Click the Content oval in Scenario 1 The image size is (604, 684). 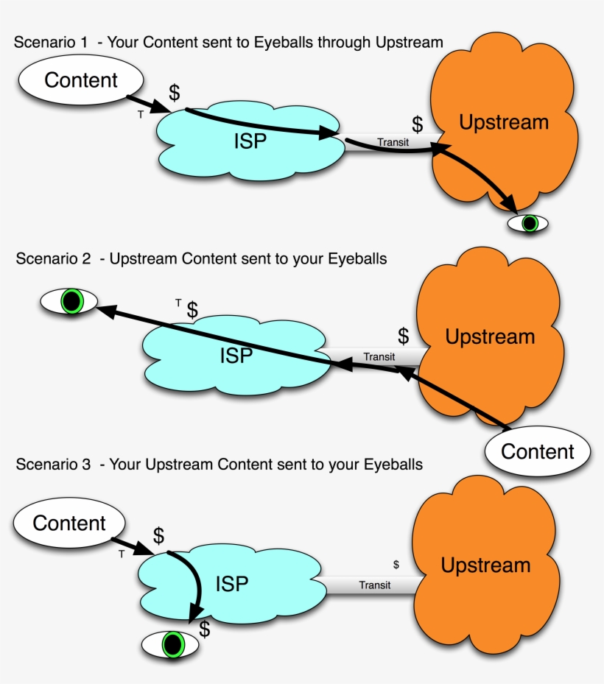(x=81, y=80)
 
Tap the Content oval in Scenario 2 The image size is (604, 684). (x=537, y=451)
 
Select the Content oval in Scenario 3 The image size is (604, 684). (x=69, y=523)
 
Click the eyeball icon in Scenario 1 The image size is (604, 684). (x=528, y=222)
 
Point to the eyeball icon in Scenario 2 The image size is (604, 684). (x=69, y=301)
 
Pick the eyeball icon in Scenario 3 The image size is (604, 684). (x=172, y=644)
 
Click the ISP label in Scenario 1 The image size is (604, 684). (x=250, y=141)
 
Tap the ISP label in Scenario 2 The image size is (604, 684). (x=236, y=356)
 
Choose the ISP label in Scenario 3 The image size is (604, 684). (x=231, y=584)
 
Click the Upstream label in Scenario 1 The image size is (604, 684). (x=504, y=122)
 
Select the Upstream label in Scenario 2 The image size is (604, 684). (x=490, y=337)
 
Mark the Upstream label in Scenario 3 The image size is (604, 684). (x=485, y=565)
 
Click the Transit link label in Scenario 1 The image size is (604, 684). (x=393, y=142)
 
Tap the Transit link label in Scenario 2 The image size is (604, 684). (x=379, y=356)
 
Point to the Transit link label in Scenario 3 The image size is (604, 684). (x=375, y=585)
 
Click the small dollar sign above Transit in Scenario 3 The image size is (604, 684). (x=396, y=565)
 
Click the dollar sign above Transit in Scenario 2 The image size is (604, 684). (x=403, y=336)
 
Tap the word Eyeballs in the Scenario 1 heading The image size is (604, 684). (x=282, y=42)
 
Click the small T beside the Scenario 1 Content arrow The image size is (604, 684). (x=141, y=115)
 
